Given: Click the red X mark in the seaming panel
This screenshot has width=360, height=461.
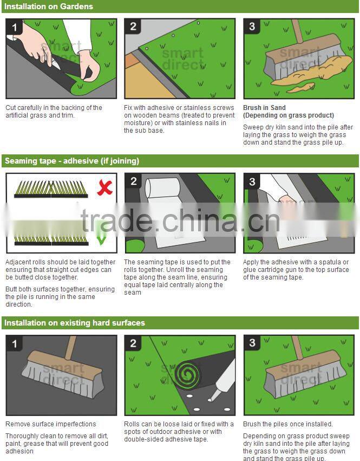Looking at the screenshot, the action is coord(104,187).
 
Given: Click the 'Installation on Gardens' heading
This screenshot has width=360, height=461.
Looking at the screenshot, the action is coord(49,7).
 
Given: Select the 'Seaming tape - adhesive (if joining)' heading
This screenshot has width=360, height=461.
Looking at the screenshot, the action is coord(72,161).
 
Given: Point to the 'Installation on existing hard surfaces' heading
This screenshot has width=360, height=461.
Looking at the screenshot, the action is coord(75,323).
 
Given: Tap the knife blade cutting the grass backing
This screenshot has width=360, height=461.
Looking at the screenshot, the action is coord(56,64).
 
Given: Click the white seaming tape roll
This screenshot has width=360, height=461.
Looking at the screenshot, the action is coord(162,188).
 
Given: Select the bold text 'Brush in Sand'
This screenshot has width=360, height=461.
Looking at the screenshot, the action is coord(264,108).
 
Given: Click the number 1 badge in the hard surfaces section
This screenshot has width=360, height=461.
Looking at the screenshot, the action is coord(14,343).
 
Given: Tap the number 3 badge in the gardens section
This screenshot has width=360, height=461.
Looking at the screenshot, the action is coord(252,27).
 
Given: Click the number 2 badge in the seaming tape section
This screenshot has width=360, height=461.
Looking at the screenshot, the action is coord(133,181).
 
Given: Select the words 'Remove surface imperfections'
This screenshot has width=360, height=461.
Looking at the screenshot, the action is coord(51,424).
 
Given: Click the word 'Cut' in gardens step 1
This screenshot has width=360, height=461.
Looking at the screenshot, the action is coord(11,108).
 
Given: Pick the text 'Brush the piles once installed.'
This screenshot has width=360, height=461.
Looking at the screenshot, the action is coord(287,424).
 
